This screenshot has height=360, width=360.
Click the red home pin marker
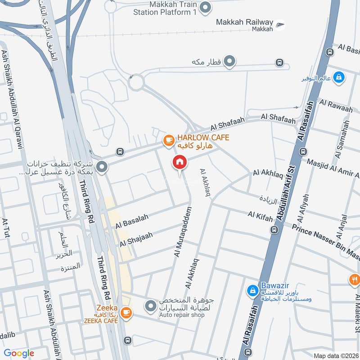tap(180, 162)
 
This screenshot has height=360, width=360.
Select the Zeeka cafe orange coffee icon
tap(126, 312)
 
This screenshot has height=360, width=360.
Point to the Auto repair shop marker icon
tap(150, 307)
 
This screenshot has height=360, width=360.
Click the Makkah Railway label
tap(244, 22)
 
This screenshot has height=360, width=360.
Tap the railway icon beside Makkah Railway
tap(280, 24)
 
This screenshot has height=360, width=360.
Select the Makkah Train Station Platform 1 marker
tap(205, 7)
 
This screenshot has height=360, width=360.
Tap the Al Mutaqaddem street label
tap(182, 232)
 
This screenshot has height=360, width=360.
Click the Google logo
tap(19, 353)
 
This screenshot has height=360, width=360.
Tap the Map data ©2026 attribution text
tap(336, 355)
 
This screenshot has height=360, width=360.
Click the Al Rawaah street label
tap(336, 106)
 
